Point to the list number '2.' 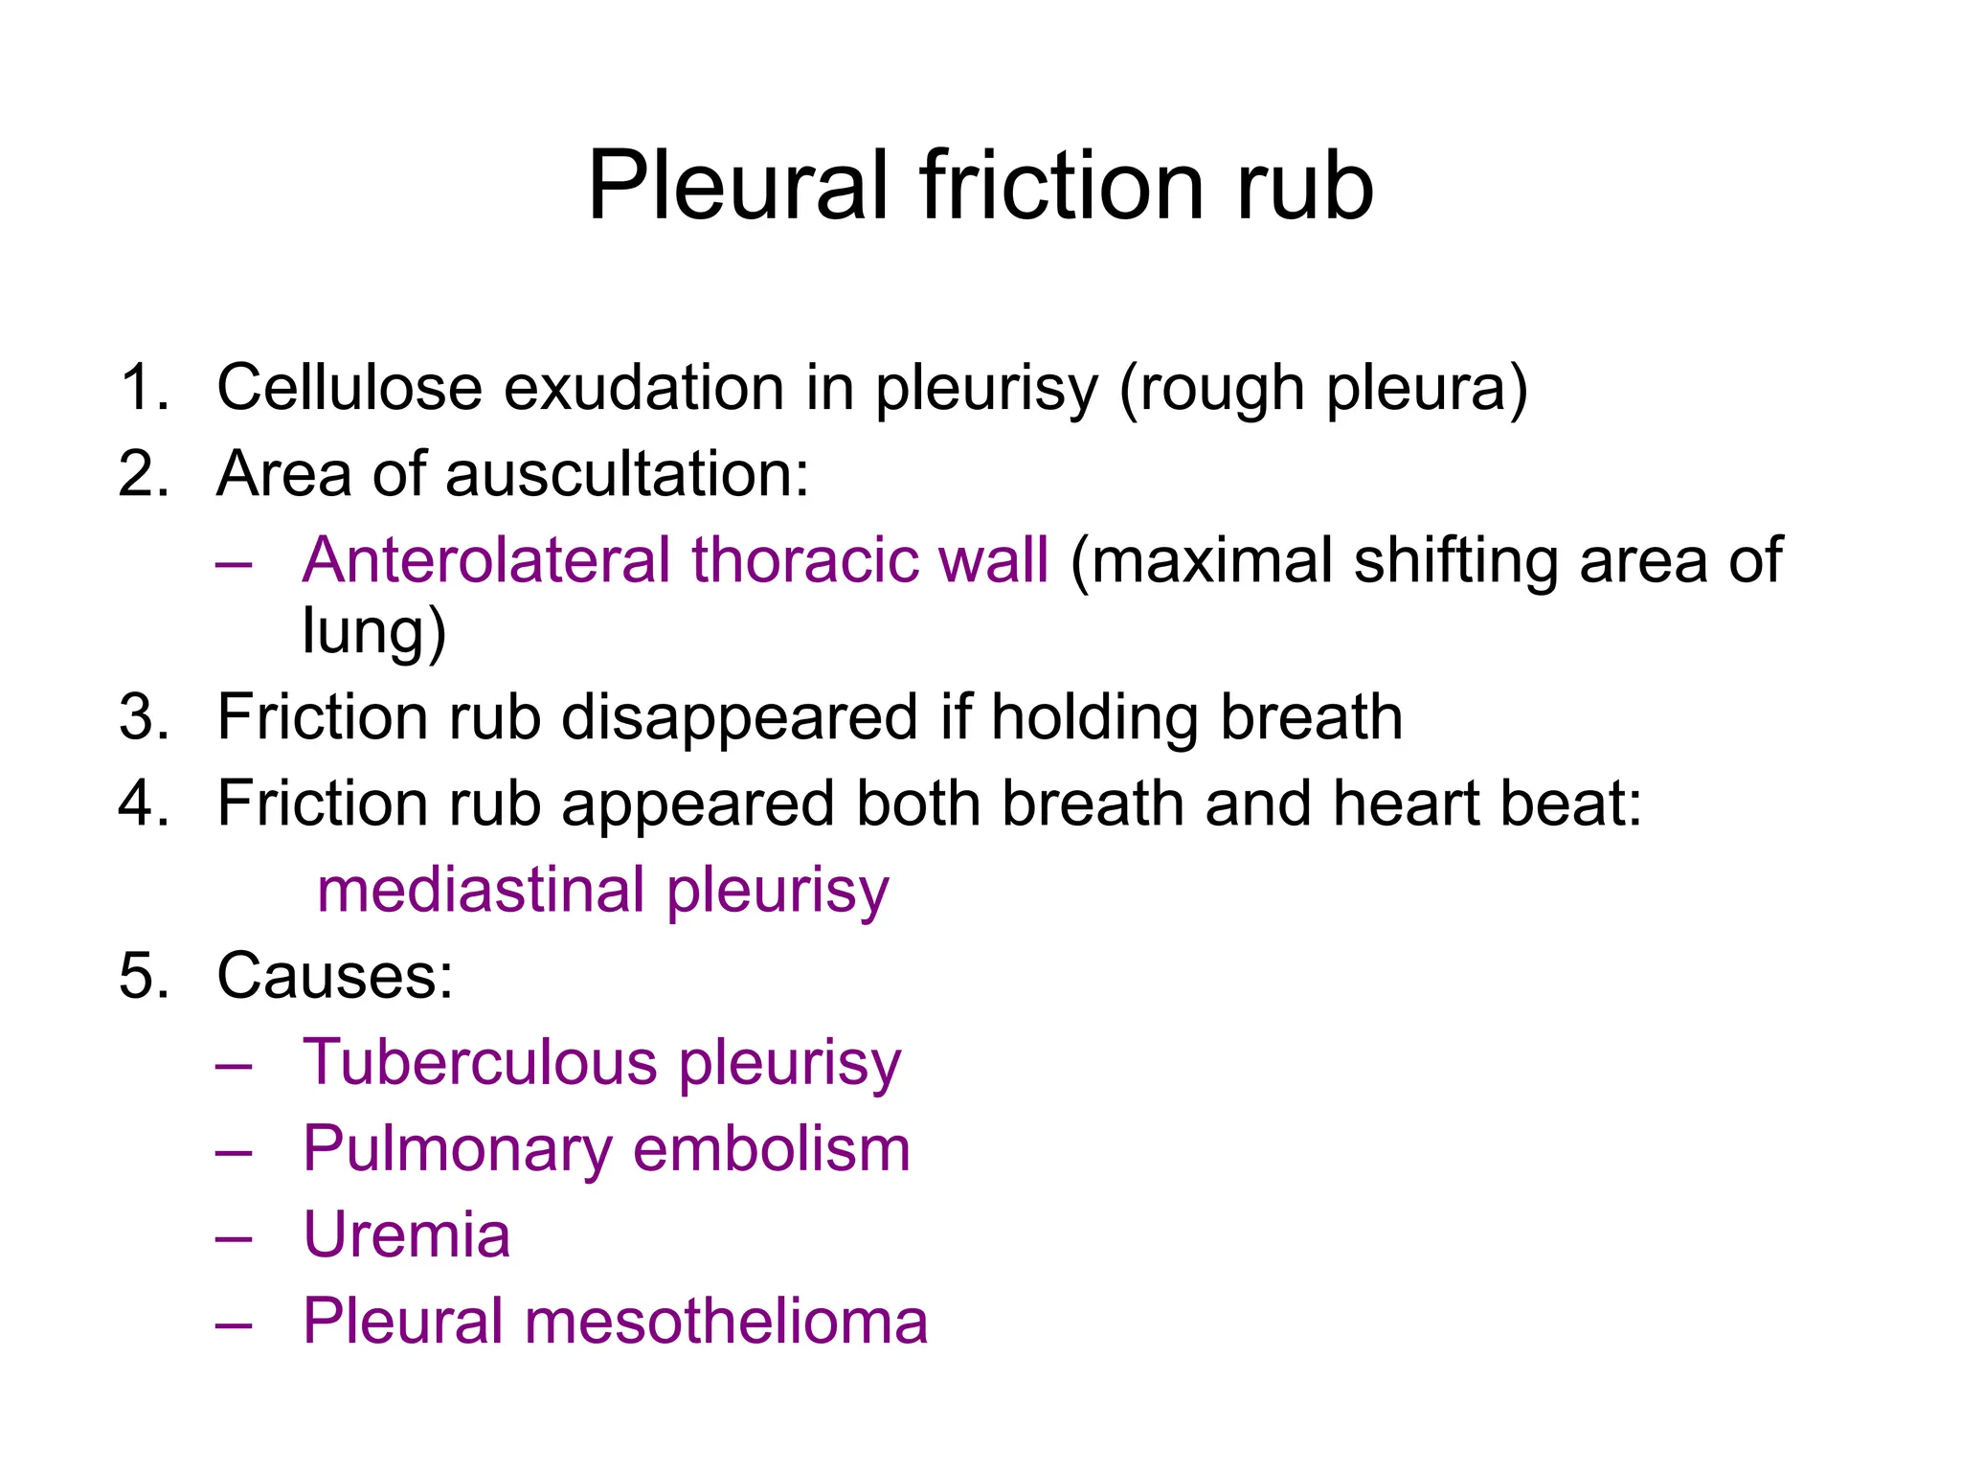145,474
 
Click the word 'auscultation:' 627,474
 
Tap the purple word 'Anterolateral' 486,560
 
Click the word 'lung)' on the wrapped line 373,632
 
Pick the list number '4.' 145,803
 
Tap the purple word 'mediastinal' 481,890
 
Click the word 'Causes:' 335,977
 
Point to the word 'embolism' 772,1149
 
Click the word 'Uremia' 407,1235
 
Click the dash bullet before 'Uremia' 234,1237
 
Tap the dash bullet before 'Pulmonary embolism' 234,1151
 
